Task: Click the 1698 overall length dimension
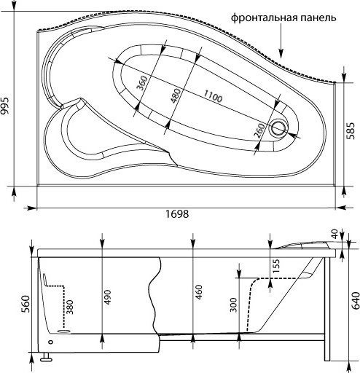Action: [177, 214]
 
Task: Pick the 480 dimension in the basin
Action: [175, 95]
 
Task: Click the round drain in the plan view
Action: [279, 129]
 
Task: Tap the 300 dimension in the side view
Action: [232, 304]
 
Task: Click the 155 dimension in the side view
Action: [275, 267]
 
